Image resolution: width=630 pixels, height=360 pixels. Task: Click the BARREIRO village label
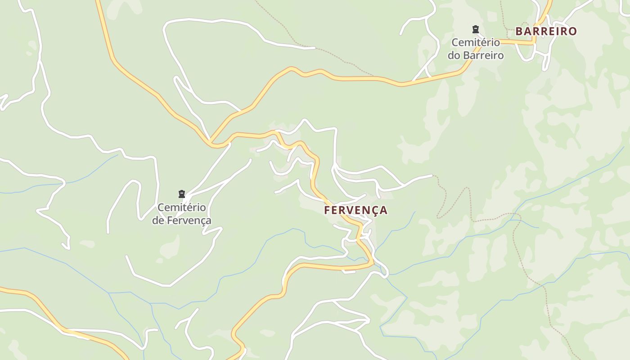click(546, 31)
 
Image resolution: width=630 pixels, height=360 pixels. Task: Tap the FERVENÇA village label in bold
click(355, 210)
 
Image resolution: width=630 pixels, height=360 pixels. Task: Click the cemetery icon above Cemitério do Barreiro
click(475, 30)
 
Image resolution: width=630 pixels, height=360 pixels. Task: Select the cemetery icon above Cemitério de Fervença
click(182, 194)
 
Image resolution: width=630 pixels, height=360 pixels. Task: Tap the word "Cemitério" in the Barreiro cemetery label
click(476, 42)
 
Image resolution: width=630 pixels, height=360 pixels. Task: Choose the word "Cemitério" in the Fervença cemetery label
click(182, 207)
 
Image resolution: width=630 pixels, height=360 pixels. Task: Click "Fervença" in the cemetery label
click(189, 220)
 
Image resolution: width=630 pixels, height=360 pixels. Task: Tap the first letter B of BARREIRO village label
click(519, 31)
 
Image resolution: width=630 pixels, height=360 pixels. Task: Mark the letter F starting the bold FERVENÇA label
click(328, 210)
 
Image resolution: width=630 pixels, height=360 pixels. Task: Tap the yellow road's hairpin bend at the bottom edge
click(234, 335)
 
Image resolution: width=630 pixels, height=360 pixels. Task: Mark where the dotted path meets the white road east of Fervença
click(432, 175)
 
